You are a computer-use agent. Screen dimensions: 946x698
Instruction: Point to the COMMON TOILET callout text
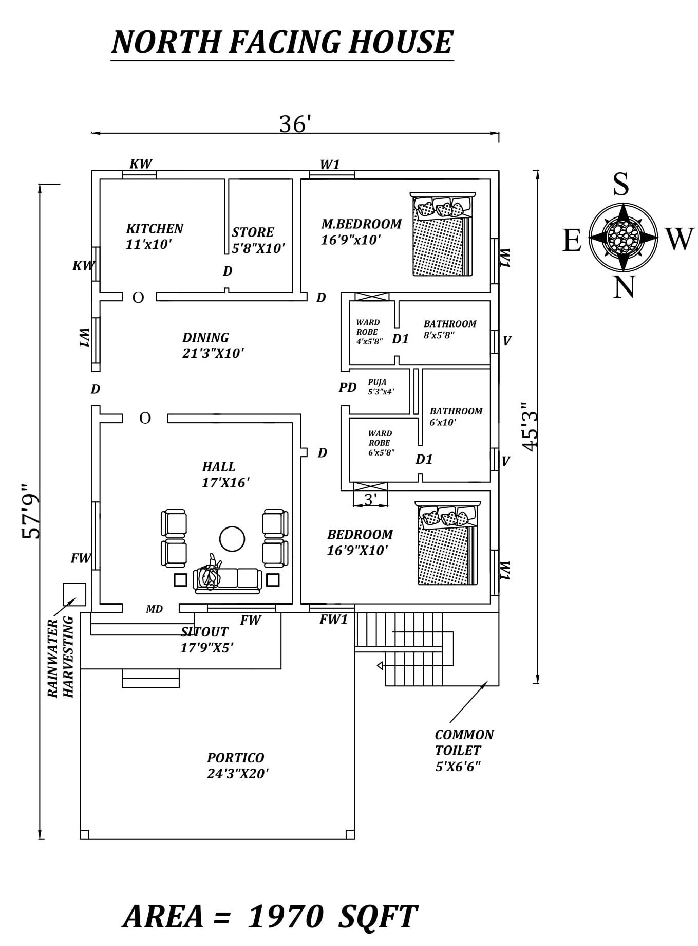point(464,750)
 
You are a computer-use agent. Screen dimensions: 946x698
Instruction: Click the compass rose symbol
point(622,238)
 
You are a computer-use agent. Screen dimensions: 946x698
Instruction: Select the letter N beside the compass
point(624,287)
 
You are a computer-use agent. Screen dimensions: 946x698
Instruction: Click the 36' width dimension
point(295,124)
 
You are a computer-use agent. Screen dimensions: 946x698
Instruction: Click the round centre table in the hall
point(232,539)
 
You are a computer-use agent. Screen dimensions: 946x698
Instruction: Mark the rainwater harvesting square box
point(74,594)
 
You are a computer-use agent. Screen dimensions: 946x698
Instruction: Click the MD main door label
point(154,609)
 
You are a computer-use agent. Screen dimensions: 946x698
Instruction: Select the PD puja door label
point(347,387)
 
